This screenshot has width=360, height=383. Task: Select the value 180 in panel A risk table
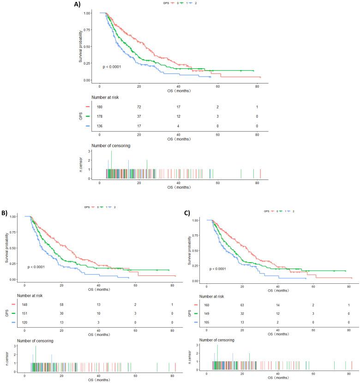pyautogui.click(x=100, y=107)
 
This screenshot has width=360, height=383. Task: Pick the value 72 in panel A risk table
pyautogui.click(x=139, y=107)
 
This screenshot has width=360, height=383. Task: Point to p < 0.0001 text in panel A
pyautogui.click(x=113, y=67)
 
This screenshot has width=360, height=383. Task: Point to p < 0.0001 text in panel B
pyautogui.click(x=38, y=267)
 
